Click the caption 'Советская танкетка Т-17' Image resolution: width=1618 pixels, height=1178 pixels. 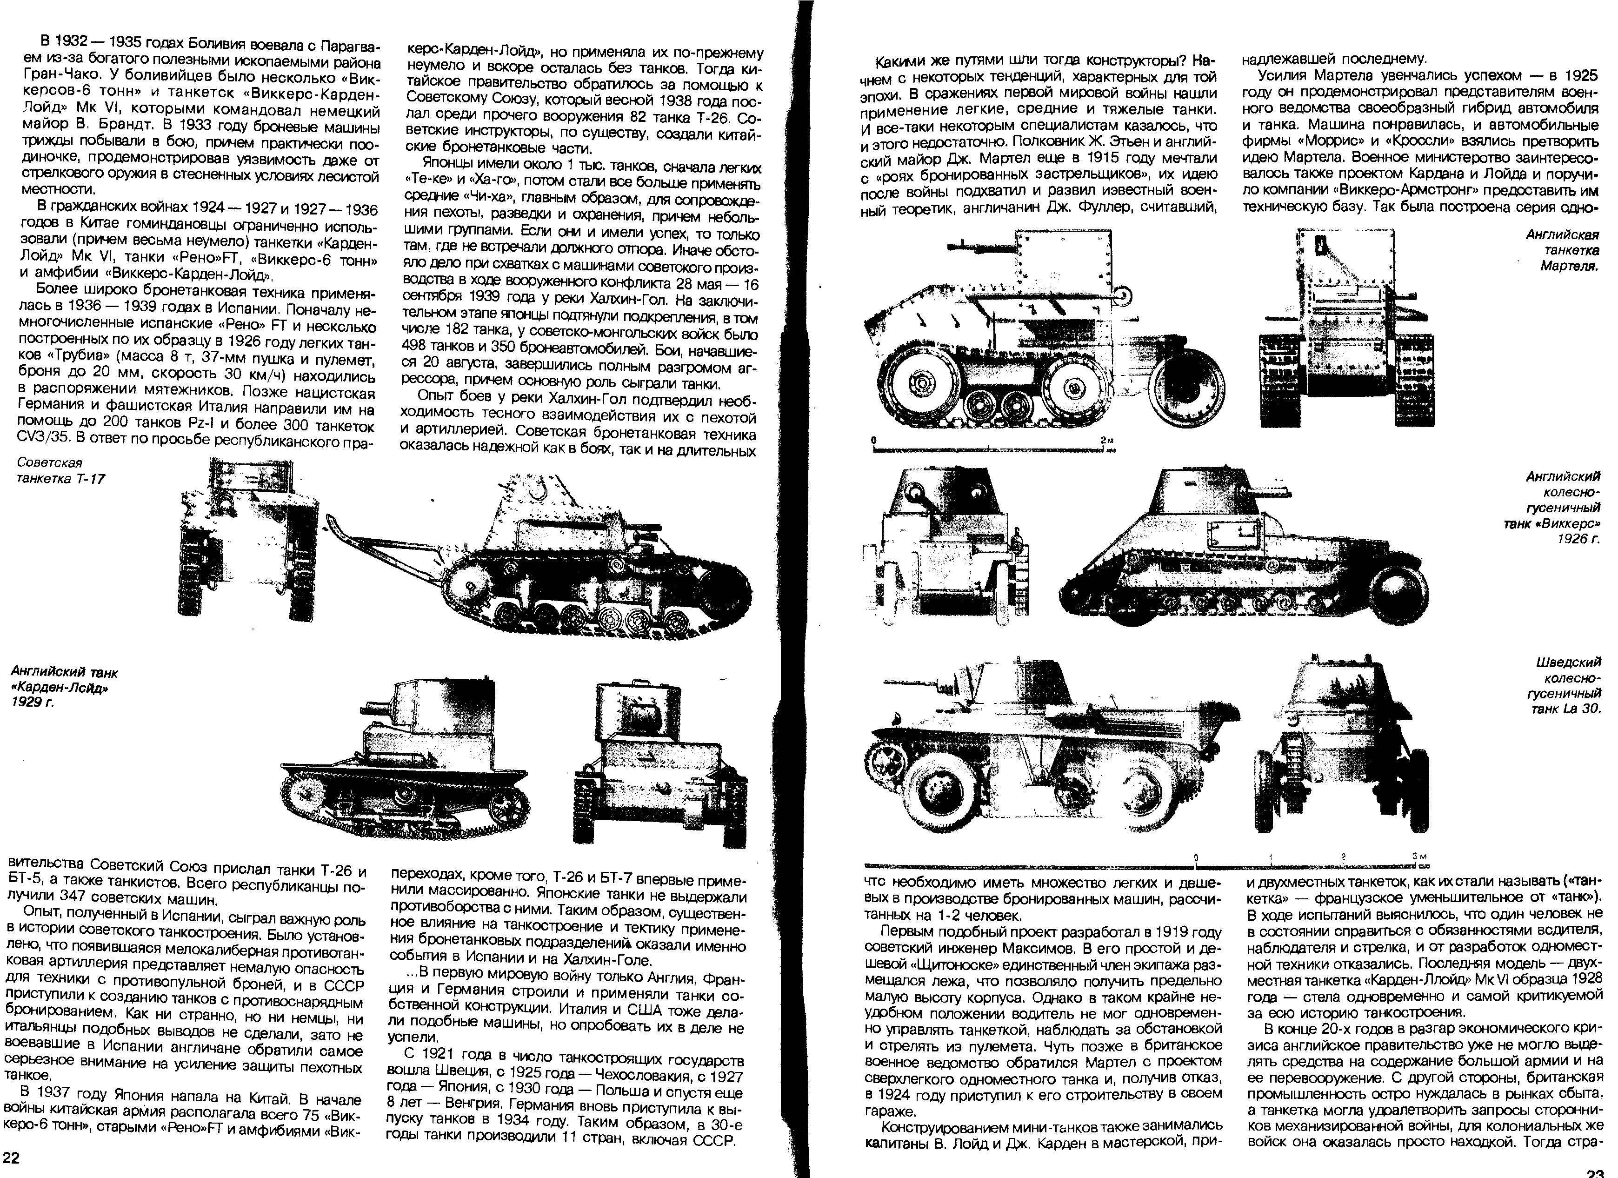tap(60, 470)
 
